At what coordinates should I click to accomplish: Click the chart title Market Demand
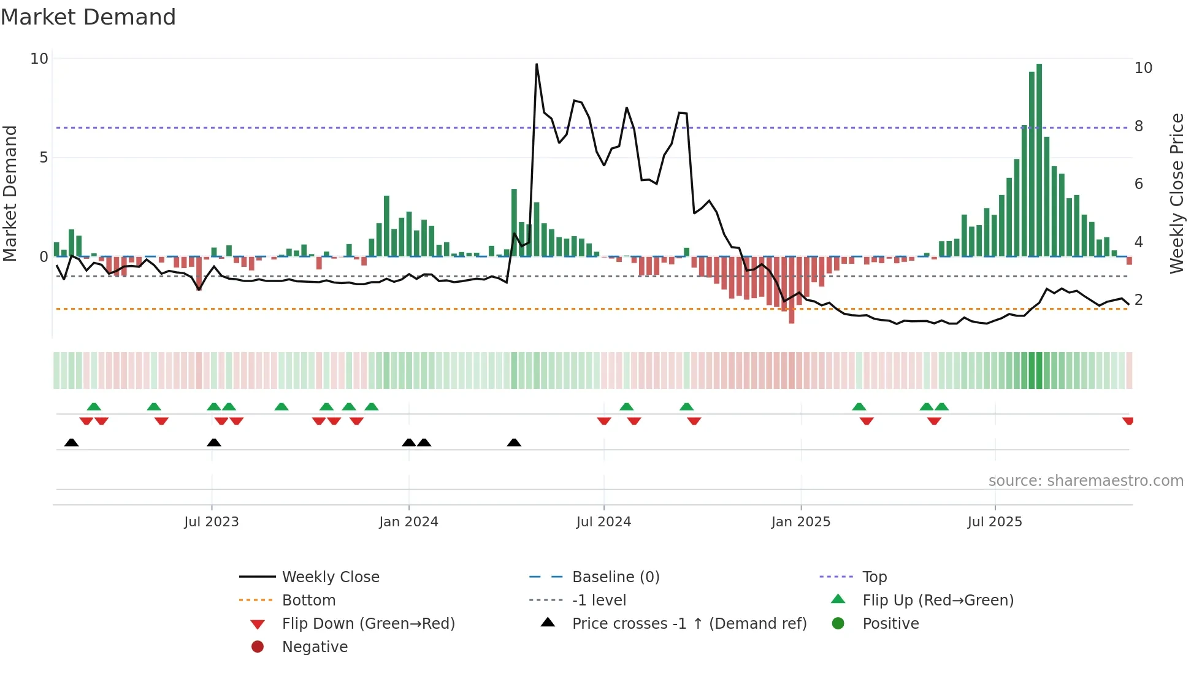tap(88, 17)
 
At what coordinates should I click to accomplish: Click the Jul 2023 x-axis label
tap(211, 522)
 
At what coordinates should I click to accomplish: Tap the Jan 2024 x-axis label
tap(408, 522)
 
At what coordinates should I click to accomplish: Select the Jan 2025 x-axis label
tap(800, 522)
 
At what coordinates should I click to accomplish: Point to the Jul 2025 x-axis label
tap(995, 522)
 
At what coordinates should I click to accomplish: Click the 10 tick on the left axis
tap(39, 59)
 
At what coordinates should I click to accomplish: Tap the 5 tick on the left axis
tap(43, 158)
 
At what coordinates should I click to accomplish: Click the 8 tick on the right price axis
tap(1139, 126)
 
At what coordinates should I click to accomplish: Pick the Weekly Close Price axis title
tap(1176, 193)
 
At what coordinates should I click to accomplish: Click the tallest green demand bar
tap(1039, 159)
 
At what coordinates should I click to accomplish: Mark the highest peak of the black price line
tap(537, 64)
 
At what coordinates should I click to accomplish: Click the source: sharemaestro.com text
tap(1085, 481)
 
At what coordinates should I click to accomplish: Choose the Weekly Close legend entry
tap(330, 577)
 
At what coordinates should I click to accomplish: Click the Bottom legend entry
tap(308, 601)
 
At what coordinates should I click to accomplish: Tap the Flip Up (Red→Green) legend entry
tap(938, 601)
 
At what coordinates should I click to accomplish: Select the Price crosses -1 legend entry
tap(689, 624)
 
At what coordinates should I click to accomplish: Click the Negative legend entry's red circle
tap(258, 647)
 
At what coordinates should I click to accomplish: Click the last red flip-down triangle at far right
tap(1128, 421)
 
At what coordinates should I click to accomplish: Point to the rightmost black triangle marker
tap(514, 443)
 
